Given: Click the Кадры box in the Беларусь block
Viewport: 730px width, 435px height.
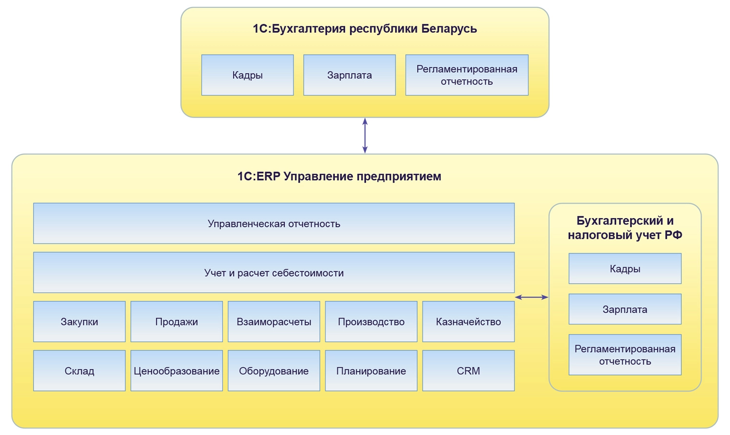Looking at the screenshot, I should (247, 75).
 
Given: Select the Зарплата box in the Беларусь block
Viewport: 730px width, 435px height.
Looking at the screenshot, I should (349, 75).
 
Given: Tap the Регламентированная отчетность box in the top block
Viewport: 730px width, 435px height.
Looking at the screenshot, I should (467, 75).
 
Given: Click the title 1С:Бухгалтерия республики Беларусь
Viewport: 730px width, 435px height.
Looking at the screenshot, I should (365, 29).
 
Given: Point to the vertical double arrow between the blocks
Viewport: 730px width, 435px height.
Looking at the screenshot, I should (365, 135).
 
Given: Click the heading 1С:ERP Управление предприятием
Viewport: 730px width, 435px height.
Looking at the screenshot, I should (339, 176).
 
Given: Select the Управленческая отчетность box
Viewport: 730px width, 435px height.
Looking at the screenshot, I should (274, 224).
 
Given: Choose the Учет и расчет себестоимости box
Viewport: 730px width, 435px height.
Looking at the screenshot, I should (274, 273).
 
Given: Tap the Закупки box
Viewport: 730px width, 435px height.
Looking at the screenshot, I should (79, 322).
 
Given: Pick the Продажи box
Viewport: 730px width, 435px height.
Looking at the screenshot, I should (177, 322).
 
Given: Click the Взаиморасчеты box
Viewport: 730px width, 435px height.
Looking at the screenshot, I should (274, 322).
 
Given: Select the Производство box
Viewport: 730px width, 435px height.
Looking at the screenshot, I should (371, 322).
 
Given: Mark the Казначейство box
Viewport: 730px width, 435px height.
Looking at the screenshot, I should (468, 322).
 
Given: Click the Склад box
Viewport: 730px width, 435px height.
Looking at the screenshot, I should (79, 371).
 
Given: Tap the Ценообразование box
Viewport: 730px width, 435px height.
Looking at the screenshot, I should (177, 371).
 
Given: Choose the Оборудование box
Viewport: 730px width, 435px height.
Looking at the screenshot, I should (274, 371).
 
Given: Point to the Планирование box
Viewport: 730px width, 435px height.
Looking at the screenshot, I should (371, 371).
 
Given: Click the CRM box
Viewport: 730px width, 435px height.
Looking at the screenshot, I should (468, 371).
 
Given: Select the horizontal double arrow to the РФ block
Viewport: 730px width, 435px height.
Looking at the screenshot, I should (531, 297).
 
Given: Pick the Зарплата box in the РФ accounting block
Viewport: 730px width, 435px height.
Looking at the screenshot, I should (625, 309).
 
